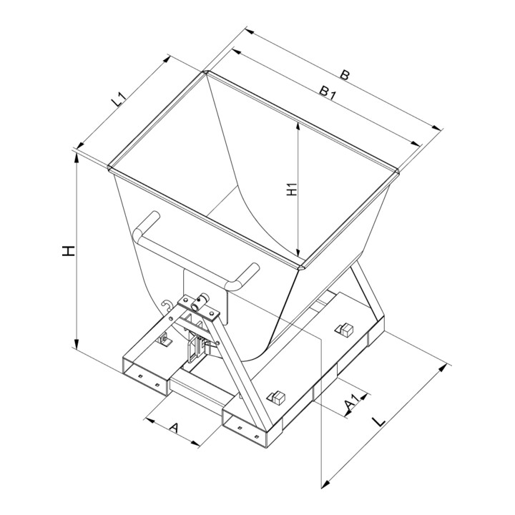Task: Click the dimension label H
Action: [69, 251]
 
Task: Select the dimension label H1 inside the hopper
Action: [292, 190]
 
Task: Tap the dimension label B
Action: [344, 75]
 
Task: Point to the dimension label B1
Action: [328, 92]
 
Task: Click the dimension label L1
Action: [118, 99]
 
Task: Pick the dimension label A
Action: [174, 427]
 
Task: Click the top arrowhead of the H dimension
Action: [77, 158]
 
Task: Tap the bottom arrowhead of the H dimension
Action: [77, 344]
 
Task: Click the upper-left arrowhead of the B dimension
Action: [250, 31]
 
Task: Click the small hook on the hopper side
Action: [167, 305]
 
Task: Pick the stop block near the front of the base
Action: [277, 398]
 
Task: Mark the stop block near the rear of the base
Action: [344, 330]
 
